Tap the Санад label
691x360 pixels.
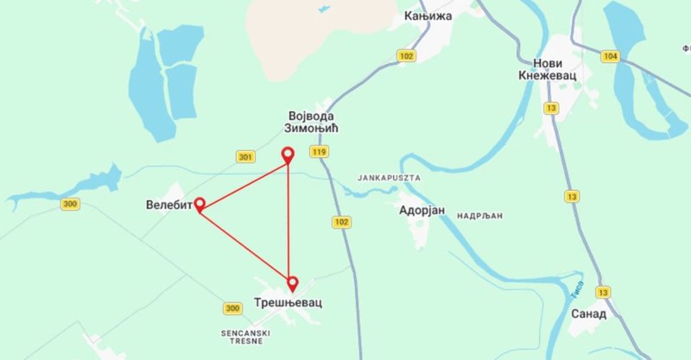pos(588,313)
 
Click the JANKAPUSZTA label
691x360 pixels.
pos(389,177)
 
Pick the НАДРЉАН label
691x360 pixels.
pos(480,215)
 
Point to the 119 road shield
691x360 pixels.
pos(321,152)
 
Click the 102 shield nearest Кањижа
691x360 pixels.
pos(406,55)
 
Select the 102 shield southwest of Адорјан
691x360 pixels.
pos(342,222)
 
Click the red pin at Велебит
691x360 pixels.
pos(200,204)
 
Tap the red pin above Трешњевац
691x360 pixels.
pos(293,281)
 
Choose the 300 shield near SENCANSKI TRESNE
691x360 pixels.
pos(231,308)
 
